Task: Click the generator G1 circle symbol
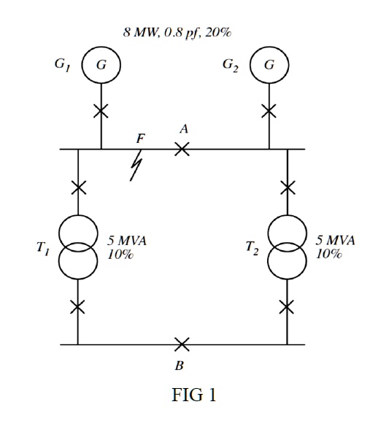pyautogui.click(x=101, y=65)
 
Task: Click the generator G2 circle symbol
pyautogui.click(x=269, y=65)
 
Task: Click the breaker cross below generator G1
pyautogui.click(x=101, y=112)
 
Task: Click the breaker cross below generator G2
pyautogui.click(x=269, y=111)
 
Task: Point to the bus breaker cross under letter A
pyautogui.click(x=182, y=149)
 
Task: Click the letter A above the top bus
pyautogui.click(x=184, y=128)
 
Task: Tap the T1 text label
pyautogui.click(x=43, y=248)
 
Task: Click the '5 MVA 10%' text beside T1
pyautogui.click(x=127, y=248)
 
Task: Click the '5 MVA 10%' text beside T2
pyautogui.click(x=335, y=248)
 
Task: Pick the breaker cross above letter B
pyautogui.click(x=182, y=344)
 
